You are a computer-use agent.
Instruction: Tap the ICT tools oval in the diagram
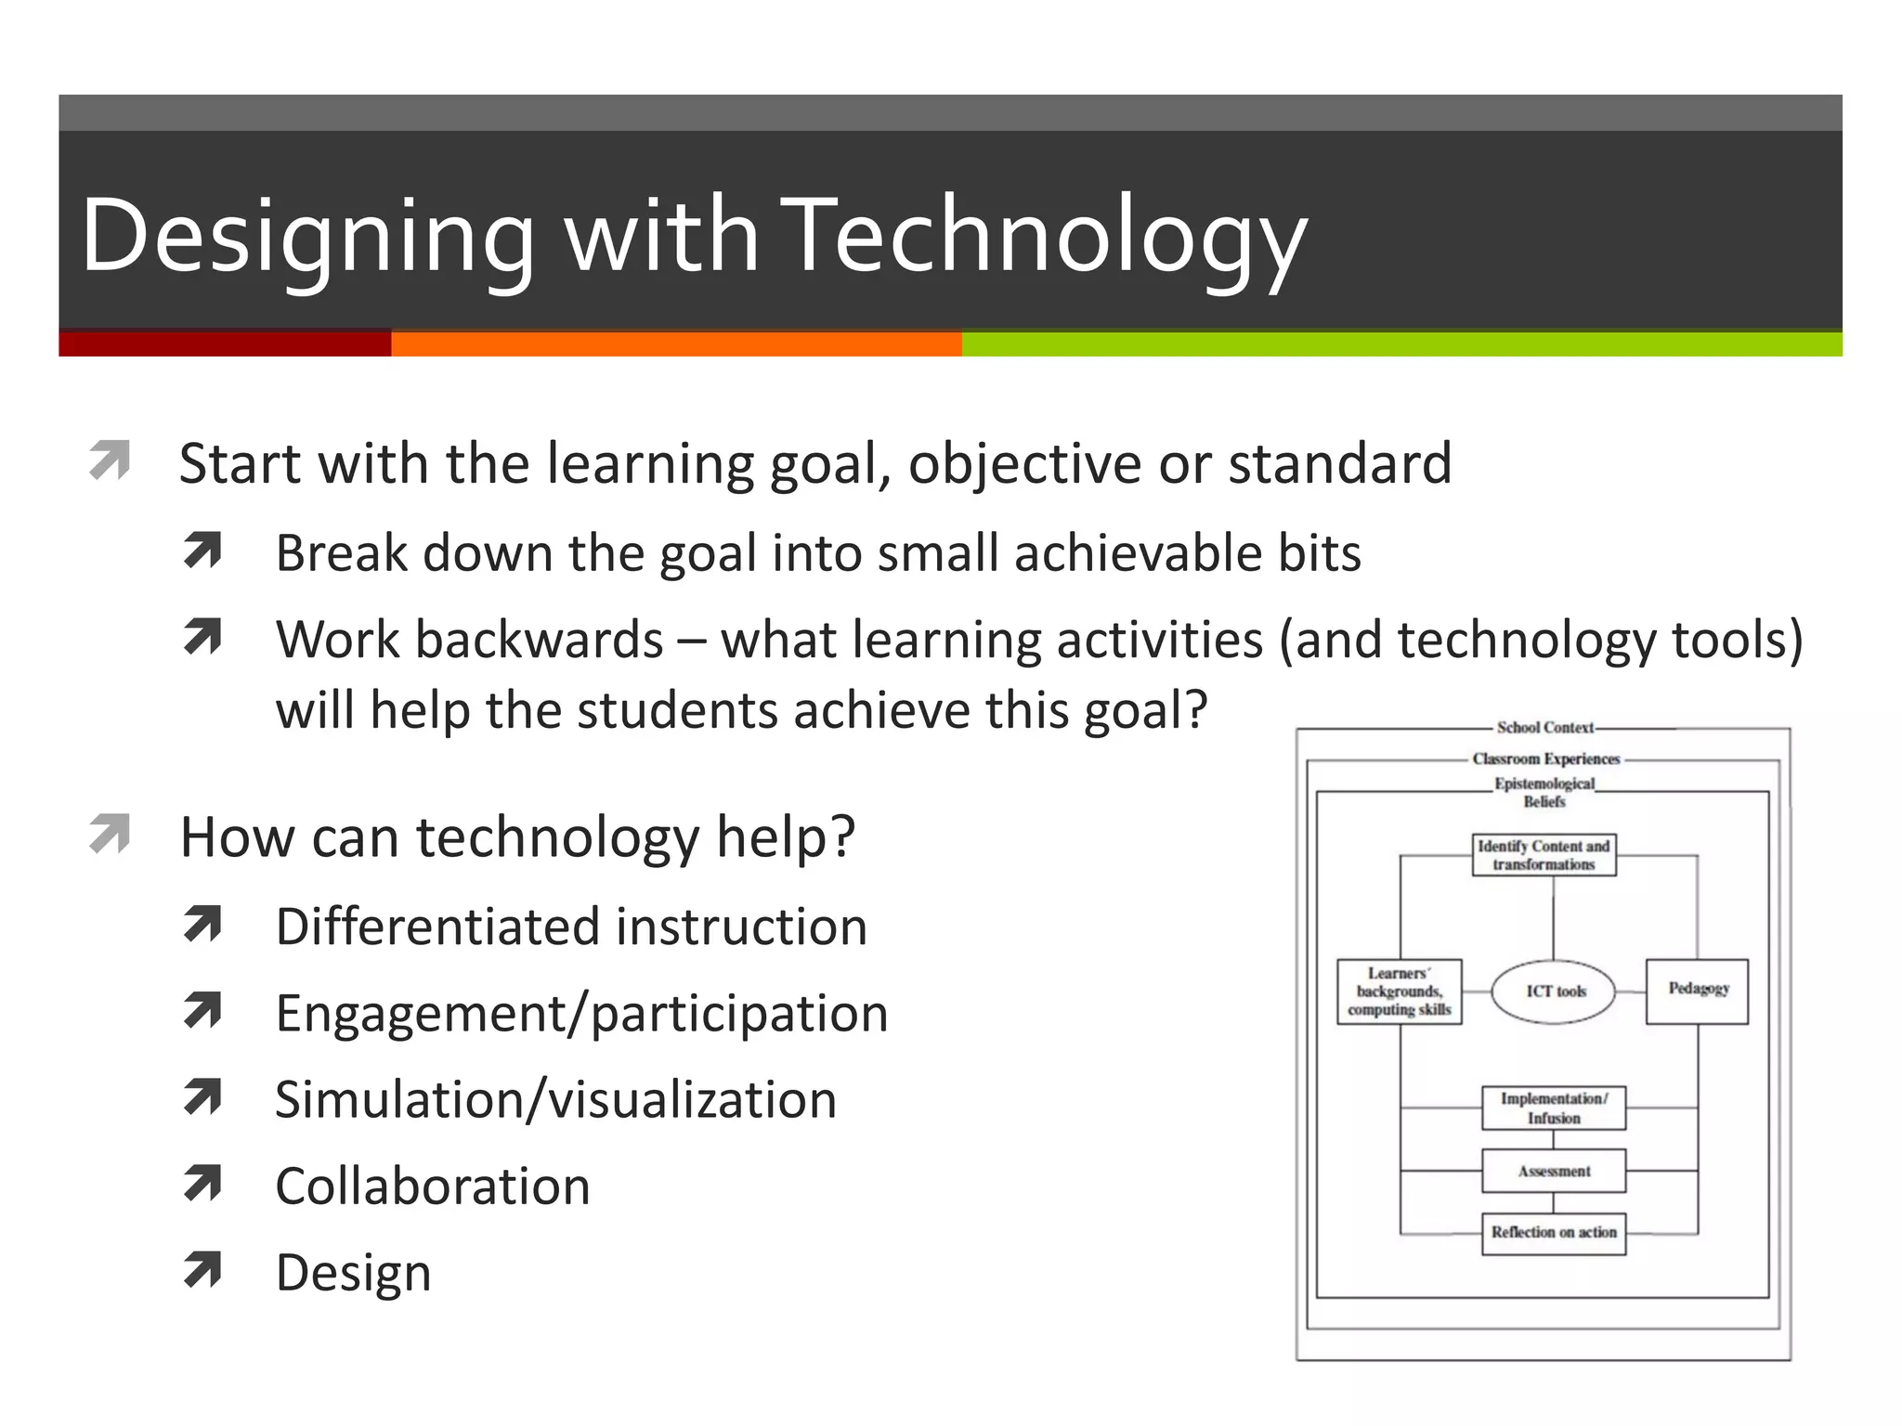pos(1554,992)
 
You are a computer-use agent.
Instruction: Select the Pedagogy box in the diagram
pos(1697,991)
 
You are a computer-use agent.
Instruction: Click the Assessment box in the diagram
pos(1554,1172)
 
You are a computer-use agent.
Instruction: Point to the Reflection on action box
pos(1554,1233)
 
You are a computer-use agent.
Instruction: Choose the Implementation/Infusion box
pos(1554,1108)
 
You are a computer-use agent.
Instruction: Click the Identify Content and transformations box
pos(1544,855)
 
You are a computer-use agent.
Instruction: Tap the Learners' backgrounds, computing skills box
pos(1400,992)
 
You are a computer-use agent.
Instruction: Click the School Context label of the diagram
pos(1544,728)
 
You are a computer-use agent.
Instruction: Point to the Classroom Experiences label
pos(1545,759)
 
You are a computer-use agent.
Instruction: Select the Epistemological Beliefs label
pos(1544,792)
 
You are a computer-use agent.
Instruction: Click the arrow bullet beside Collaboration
pos(202,1184)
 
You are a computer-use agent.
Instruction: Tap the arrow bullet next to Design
pos(202,1270)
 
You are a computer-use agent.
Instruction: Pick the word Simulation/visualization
pos(555,1100)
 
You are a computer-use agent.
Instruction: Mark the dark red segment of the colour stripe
pos(225,344)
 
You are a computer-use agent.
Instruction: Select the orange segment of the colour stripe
pos(676,344)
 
